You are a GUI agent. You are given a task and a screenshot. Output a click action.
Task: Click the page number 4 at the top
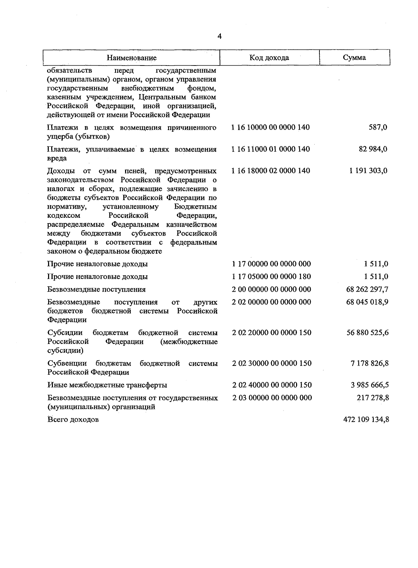[x=219, y=37]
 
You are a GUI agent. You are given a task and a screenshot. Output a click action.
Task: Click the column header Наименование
[x=131, y=58]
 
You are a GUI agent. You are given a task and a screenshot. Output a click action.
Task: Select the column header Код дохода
[x=269, y=57]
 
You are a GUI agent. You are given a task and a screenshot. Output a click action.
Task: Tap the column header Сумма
[x=354, y=57]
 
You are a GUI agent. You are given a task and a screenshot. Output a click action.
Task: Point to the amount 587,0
[x=378, y=128]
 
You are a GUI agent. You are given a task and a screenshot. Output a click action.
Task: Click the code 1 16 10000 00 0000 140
[x=271, y=128]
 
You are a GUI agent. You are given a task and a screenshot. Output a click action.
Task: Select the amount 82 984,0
[x=373, y=149]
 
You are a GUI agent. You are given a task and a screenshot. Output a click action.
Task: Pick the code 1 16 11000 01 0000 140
[x=271, y=149]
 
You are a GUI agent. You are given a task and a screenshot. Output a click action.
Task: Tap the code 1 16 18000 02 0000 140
[x=271, y=171]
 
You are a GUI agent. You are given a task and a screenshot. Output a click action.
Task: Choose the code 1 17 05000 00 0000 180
[x=271, y=277]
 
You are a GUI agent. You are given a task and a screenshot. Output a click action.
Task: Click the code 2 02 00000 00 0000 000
[x=271, y=302]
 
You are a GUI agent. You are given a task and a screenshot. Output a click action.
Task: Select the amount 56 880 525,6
[x=367, y=333]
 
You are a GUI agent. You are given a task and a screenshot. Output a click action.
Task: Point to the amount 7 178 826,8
[x=370, y=363]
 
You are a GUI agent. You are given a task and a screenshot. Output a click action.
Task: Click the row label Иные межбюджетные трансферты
[x=107, y=385]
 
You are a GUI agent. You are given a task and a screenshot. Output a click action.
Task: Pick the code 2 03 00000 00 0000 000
[x=272, y=398]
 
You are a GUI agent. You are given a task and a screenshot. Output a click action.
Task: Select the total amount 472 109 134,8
[x=366, y=420]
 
